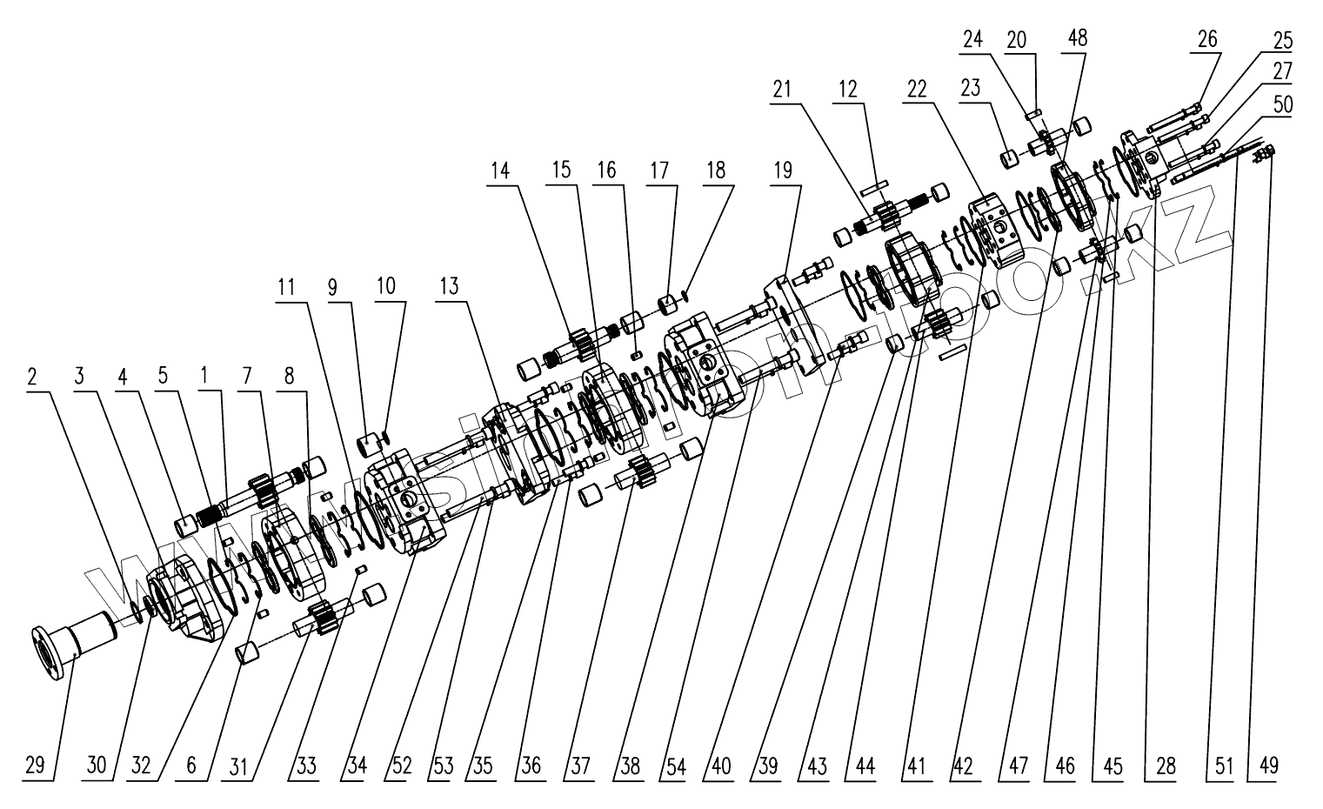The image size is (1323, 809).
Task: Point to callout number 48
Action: coord(1079,38)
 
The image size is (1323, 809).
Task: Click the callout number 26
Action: coord(1207,39)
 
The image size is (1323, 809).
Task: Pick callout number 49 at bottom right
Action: coord(1269,766)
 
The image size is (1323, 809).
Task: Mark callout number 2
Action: coord(31,377)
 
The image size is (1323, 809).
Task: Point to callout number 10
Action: coord(385,285)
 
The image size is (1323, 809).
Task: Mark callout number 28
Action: coord(1165,766)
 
